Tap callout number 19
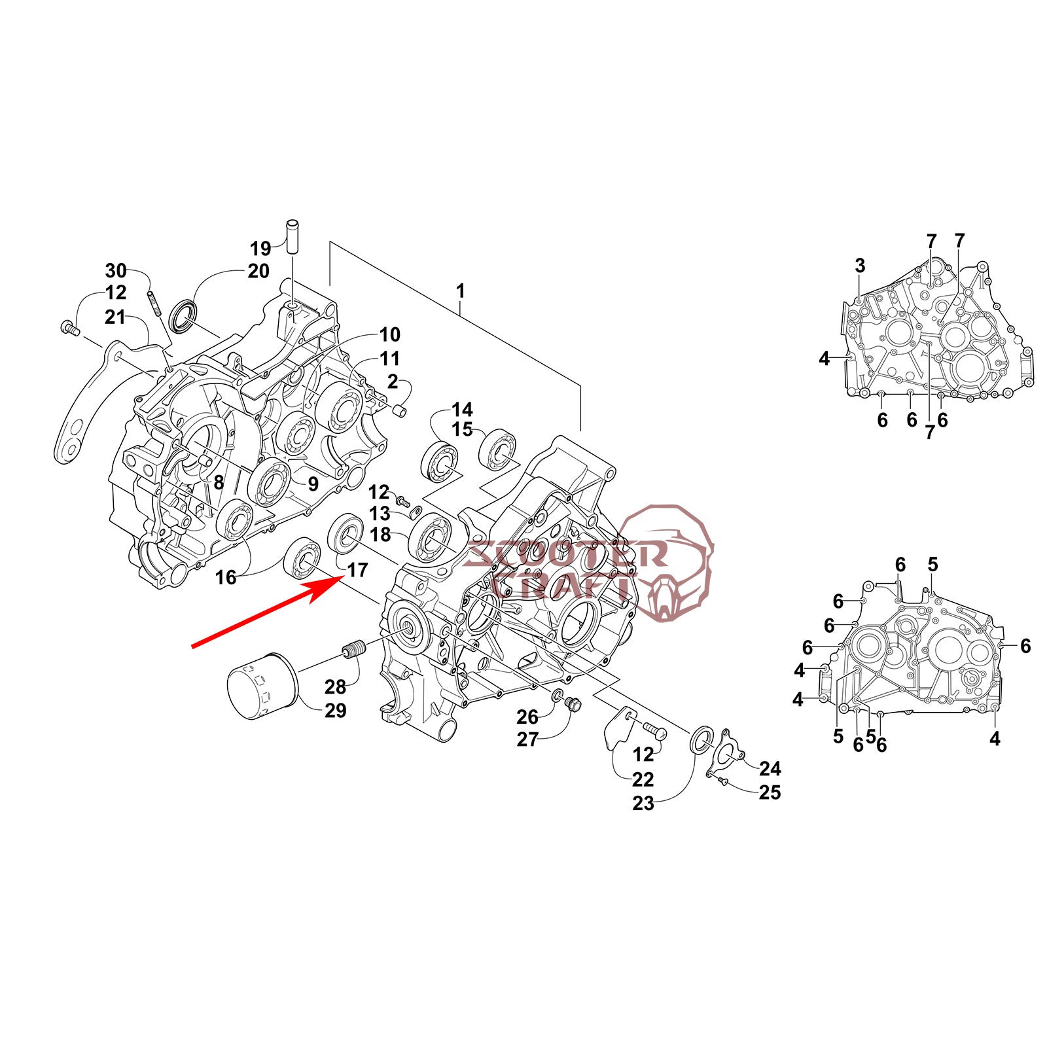point(260,249)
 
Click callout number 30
point(116,270)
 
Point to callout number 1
point(461,291)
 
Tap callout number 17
point(357,570)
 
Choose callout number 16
point(226,577)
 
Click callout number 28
point(335,686)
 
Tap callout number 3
point(860,266)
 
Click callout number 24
point(770,768)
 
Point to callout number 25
point(770,792)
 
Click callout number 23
point(643,803)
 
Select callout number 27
point(527,739)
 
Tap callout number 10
point(389,334)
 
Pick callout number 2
point(392,382)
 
